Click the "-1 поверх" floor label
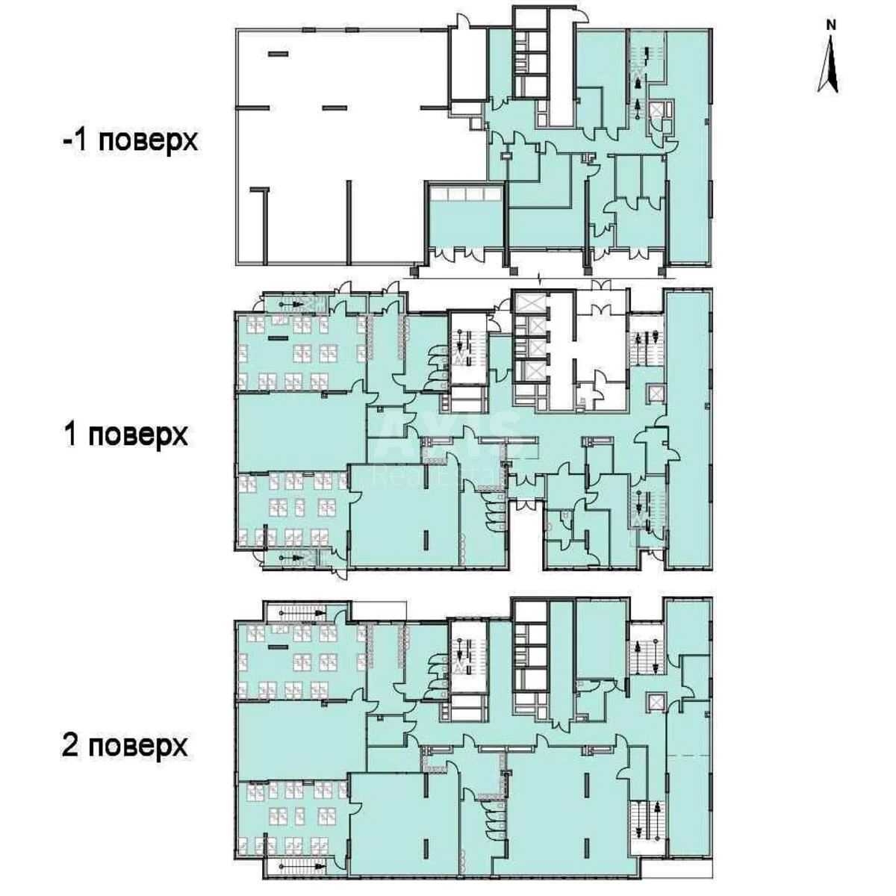[x=131, y=140]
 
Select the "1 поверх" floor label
[x=126, y=435]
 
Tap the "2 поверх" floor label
[x=125, y=744]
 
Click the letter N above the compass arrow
[x=831, y=25]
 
